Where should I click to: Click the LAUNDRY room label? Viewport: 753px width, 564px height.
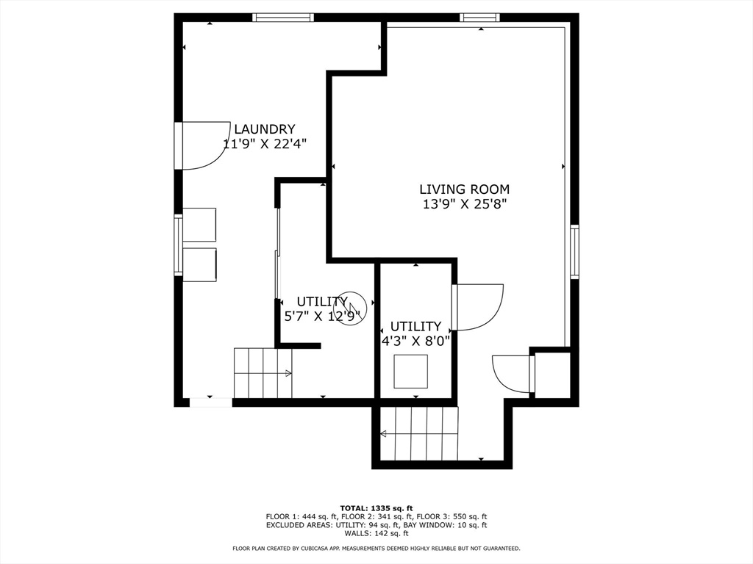(x=264, y=129)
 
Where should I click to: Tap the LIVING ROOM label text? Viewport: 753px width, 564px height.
(x=465, y=189)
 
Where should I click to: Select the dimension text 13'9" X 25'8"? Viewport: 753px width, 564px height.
(x=465, y=204)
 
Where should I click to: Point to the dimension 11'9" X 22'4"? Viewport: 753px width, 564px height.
(x=265, y=144)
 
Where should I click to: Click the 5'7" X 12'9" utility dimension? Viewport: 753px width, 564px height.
(x=322, y=317)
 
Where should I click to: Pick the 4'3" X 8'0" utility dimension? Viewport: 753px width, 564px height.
(x=415, y=341)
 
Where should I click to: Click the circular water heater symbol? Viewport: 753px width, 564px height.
(x=350, y=308)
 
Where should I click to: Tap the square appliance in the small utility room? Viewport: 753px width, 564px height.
(x=410, y=371)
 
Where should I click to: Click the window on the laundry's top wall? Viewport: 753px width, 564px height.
(x=283, y=18)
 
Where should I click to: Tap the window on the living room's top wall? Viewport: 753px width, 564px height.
(x=479, y=18)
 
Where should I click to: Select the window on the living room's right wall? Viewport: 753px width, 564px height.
(x=574, y=251)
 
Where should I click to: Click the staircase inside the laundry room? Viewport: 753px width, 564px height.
(x=263, y=373)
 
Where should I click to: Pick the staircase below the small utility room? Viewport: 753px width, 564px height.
(x=419, y=433)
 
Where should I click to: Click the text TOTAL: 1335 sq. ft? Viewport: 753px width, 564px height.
(x=376, y=508)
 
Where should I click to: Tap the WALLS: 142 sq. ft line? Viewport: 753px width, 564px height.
(x=376, y=533)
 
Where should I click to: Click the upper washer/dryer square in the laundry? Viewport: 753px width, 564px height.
(x=199, y=225)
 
